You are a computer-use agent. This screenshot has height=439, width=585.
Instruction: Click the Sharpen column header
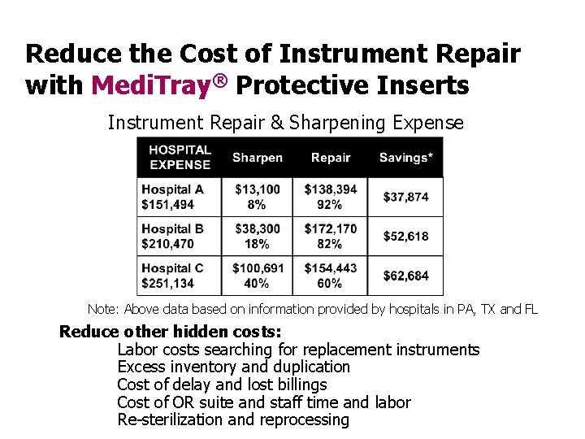click(257, 158)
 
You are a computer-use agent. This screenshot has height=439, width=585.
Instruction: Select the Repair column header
click(331, 158)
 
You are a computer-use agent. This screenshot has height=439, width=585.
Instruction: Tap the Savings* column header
click(405, 158)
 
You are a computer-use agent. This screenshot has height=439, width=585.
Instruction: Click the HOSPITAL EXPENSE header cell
click(180, 157)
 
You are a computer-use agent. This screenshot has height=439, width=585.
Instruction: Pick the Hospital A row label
click(172, 197)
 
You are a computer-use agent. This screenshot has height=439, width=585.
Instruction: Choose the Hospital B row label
click(172, 236)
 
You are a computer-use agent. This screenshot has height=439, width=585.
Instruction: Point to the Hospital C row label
click(172, 276)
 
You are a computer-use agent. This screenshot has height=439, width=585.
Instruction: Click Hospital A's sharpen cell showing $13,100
click(257, 197)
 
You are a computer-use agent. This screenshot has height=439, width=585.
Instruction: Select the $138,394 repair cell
click(331, 197)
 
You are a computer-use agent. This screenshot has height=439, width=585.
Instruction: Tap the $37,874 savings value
click(405, 197)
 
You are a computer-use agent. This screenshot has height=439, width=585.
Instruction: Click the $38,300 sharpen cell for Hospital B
click(257, 236)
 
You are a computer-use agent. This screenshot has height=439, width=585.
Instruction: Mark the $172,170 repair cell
click(331, 236)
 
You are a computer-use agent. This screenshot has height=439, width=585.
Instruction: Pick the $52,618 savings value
click(405, 236)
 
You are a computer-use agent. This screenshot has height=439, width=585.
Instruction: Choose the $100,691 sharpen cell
click(257, 276)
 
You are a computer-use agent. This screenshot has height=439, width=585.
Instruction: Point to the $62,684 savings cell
click(405, 276)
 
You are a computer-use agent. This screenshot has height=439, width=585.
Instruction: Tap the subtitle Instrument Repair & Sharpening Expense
click(286, 123)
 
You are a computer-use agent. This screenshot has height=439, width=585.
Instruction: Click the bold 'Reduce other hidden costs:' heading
click(171, 332)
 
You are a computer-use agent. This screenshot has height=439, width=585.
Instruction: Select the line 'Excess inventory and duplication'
click(233, 367)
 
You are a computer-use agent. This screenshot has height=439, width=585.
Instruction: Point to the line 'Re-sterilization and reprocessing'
click(233, 419)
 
